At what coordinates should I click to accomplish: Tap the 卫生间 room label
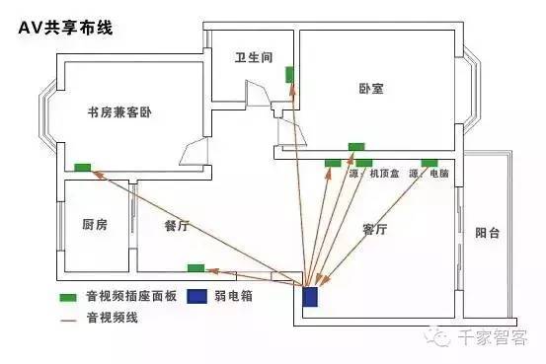253,57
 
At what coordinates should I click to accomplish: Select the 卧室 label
370,89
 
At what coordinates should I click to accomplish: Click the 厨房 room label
95,225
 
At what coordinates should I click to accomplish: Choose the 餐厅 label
177,225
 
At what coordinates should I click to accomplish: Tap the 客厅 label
374,229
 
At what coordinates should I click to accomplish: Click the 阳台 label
487,233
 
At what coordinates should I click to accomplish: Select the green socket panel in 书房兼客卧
83,167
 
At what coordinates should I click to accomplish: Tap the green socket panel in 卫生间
290,74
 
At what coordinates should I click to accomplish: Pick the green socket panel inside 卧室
355,147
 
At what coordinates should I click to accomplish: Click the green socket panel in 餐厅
196,267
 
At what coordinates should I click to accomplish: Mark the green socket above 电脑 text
429,162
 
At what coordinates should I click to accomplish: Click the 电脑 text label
438,175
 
